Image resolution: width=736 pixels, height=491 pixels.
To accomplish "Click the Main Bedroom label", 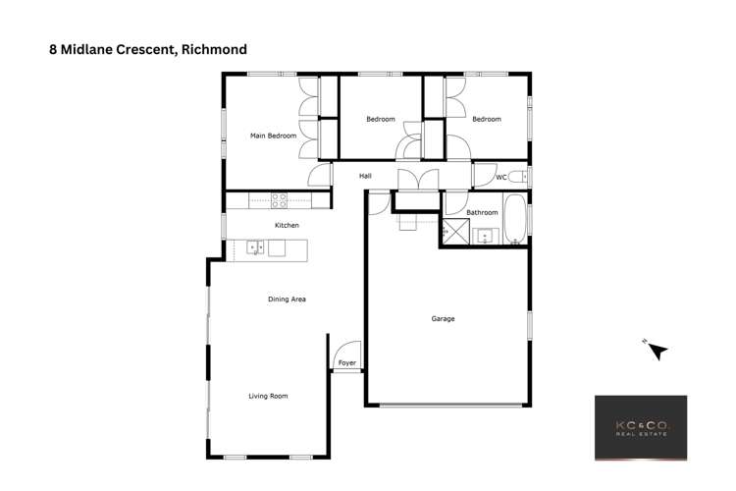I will (273, 136).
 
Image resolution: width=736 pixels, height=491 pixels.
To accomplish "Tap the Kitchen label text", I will (287, 226).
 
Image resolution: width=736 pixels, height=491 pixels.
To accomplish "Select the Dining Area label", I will (288, 299).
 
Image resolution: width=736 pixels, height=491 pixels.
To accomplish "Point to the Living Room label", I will (268, 396).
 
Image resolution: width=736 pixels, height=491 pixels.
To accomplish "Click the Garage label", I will (444, 318).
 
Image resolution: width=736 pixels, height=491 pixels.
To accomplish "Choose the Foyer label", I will (346, 363).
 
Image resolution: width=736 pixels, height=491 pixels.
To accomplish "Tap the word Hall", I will (365, 176).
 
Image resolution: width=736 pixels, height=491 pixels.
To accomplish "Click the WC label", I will (500, 178).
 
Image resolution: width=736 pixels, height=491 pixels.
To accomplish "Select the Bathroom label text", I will (482, 212).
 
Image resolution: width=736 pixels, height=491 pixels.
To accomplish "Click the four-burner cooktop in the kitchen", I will (280, 200).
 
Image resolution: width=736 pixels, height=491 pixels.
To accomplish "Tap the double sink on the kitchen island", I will (254, 247).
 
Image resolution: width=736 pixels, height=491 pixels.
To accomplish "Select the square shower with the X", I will (455, 234).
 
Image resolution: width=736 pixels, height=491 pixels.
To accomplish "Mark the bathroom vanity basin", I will (484, 237).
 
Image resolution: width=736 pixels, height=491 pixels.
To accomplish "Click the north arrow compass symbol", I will (656, 350).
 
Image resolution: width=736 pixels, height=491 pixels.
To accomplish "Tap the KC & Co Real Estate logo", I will (641, 427).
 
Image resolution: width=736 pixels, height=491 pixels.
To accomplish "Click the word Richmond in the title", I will (209, 47).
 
